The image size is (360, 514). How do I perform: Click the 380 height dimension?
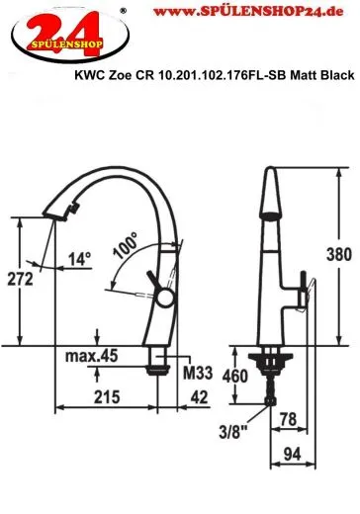[339, 254]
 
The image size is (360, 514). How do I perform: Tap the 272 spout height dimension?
[20, 279]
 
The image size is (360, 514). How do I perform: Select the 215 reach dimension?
[107, 396]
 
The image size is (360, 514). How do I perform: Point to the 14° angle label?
[79, 259]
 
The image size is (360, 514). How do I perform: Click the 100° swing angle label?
[126, 245]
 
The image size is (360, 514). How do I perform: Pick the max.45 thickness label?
[91, 356]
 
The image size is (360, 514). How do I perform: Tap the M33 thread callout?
[198, 373]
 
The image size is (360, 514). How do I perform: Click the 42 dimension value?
[199, 397]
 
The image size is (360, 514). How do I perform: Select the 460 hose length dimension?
[234, 376]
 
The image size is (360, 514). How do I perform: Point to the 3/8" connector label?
[233, 431]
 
